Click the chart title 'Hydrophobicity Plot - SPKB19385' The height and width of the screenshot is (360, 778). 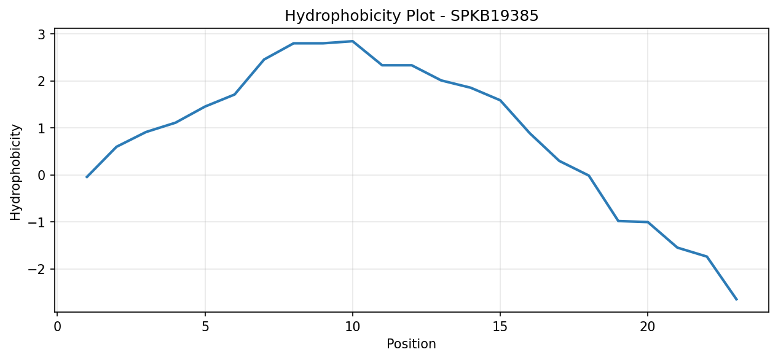coord(411,16)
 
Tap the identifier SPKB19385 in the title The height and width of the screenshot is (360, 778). coord(494,16)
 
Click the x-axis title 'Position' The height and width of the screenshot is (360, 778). coord(411,343)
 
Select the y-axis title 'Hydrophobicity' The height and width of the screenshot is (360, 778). coord(15,173)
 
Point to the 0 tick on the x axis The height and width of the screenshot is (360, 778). coord(58,327)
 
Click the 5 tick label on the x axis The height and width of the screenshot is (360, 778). coord(205,327)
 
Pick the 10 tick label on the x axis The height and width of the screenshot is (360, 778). coord(353,327)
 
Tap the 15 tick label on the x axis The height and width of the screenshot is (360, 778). coord(500,327)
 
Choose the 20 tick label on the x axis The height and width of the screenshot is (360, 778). coord(647,327)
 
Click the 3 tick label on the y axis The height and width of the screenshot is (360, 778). coord(42,34)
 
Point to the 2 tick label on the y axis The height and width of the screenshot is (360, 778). coord(42,81)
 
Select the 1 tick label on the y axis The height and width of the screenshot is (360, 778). coord(42,128)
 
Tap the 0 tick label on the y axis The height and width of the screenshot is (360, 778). coord(42,175)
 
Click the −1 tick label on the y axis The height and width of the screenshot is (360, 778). coord(37,222)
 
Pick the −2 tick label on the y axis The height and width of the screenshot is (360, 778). coord(37,269)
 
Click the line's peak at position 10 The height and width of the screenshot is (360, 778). coord(353,41)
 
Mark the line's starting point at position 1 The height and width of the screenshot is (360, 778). coord(87,178)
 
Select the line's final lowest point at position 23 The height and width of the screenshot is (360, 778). coord(736,300)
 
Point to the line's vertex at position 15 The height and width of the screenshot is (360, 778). coord(500,100)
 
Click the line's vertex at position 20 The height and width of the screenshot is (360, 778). coord(647,222)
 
